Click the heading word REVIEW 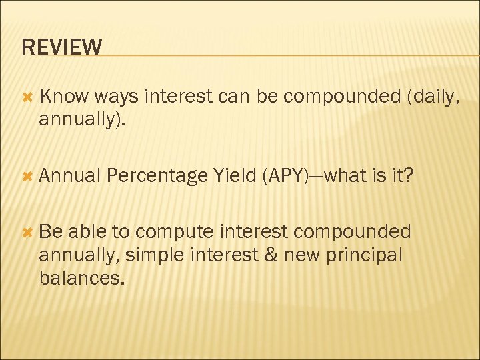62,47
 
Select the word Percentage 157,176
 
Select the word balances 81,277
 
